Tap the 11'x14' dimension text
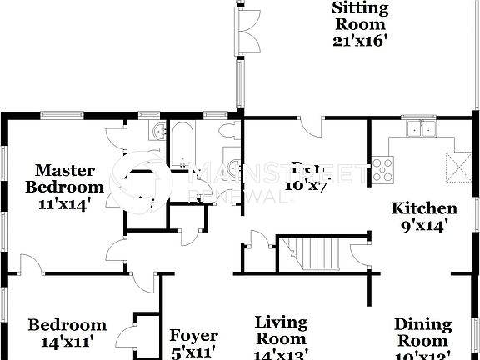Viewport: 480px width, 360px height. coord(64,202)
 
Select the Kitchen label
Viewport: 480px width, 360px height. coord(424,208)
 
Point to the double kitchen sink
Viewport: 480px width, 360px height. coord(421,129)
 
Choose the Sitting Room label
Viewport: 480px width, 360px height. coord(360,16)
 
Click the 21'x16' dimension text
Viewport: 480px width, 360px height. coord(360,40)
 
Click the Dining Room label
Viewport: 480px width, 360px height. coord(422,332)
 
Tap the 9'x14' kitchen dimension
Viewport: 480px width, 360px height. coord(424,224)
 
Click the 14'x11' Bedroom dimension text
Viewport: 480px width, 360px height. coord(67,341)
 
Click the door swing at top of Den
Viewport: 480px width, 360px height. coord(311,127)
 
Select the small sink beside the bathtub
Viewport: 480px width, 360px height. coord(156,132)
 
